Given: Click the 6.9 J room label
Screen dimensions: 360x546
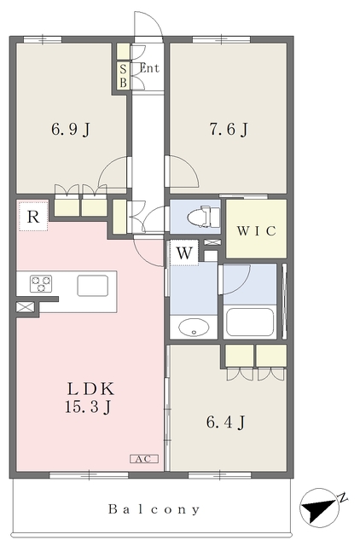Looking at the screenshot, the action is [x=71, y=130].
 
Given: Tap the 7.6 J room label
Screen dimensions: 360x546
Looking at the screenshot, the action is [x=229, y=130].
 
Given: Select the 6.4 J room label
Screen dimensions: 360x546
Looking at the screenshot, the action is [x=225, y=422].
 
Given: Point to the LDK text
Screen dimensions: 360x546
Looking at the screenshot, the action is [x=90, y=389].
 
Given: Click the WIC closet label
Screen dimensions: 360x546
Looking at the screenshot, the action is [x=257, y=230].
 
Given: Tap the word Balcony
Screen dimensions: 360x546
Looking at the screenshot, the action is [x=154, y=509].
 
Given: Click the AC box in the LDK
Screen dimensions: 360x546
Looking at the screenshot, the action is [x=144, y=459].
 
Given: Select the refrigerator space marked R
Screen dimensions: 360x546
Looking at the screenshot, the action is [x=33, y=216].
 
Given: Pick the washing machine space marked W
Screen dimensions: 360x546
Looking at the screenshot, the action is [x=184, y=253].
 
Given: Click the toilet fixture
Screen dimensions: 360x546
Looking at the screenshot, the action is [x=204, y=216].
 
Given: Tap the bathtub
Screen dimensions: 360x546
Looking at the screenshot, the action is [x=250, y=322].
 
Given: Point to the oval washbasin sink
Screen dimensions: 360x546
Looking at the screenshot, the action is [x=194, y=328].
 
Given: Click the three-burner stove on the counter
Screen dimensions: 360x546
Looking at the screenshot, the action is [x=41, y=284].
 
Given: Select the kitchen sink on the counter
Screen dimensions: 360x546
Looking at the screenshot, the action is [x=93, y=286].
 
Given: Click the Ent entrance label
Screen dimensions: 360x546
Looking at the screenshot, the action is [x=149, y=68].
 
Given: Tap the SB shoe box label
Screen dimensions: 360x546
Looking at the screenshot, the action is [x=123, y=76].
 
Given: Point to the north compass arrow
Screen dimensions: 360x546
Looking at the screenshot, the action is [x=318, y=507].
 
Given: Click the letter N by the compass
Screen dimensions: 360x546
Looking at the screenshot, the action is [x=343, y=498].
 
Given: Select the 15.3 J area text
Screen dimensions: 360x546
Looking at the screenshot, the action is [x=88, y=407].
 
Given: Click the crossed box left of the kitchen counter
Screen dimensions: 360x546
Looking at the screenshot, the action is [x=26, y=307].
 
